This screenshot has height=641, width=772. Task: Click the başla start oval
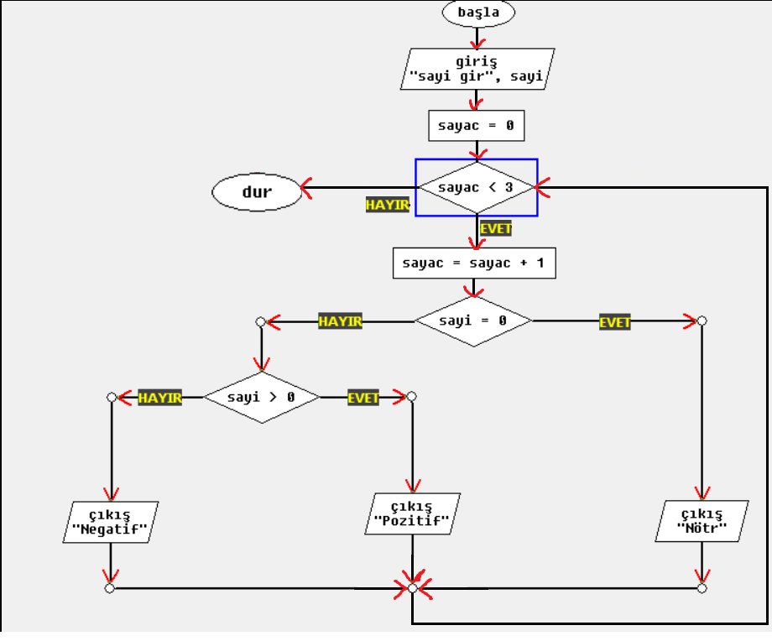point(478,13)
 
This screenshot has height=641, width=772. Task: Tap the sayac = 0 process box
point(477,126)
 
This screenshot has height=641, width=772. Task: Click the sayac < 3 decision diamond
point(477,187)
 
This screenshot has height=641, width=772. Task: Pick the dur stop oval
point(257,193)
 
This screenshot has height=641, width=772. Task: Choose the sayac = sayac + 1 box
point(473,263)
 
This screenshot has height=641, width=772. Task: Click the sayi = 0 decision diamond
point(473,320)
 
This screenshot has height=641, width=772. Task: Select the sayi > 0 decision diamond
point(262,397)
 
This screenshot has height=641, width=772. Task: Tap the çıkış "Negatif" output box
point(111,521)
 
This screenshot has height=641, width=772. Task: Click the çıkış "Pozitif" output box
point(411,513)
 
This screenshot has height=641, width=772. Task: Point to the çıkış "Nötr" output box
point(702,521)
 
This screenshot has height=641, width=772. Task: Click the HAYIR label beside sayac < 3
point(387,206)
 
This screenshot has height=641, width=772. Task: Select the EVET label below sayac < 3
point(496,227)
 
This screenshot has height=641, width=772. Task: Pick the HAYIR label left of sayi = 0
point(340,321)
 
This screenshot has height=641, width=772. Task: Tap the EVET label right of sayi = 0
point(615,322)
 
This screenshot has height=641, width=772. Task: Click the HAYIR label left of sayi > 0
point(159,398)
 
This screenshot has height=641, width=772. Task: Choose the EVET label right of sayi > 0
point(363,398)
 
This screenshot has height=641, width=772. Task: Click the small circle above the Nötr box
point(702,320)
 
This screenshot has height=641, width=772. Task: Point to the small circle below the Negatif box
point(110,588)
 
